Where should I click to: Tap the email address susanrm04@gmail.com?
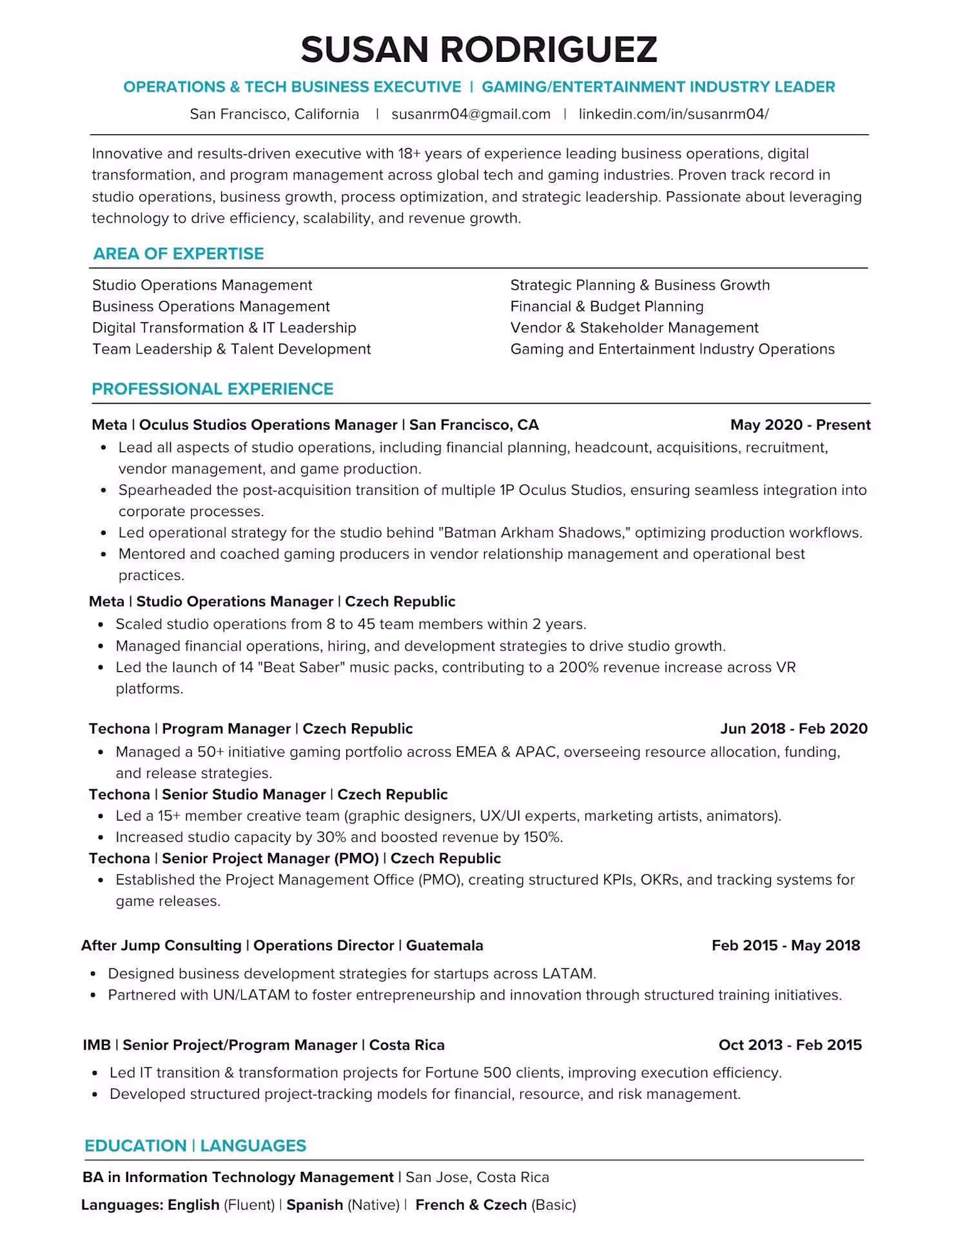coord(471,114)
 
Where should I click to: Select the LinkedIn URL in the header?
coord(673,114)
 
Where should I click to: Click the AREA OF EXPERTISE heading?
coord(179,254)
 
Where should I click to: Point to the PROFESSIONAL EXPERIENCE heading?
coord(212,389)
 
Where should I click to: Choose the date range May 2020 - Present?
coord(800,425)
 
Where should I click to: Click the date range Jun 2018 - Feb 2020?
coord(794,728)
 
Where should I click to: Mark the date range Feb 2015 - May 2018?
coord(785,945)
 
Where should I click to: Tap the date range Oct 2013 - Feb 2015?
coord(790,1045)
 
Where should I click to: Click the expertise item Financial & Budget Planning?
coord(607,306)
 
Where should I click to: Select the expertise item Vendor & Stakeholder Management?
coord(634,328)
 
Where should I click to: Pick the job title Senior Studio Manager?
coord(244,794)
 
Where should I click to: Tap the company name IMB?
coord(97,1045)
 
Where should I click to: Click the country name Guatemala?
coord(444,945)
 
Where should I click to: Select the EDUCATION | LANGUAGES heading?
coord(195,1146)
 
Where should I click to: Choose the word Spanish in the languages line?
coord(315,1205)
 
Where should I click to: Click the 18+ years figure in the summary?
coord(409,154)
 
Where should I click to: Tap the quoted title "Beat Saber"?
coord(303,667)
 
